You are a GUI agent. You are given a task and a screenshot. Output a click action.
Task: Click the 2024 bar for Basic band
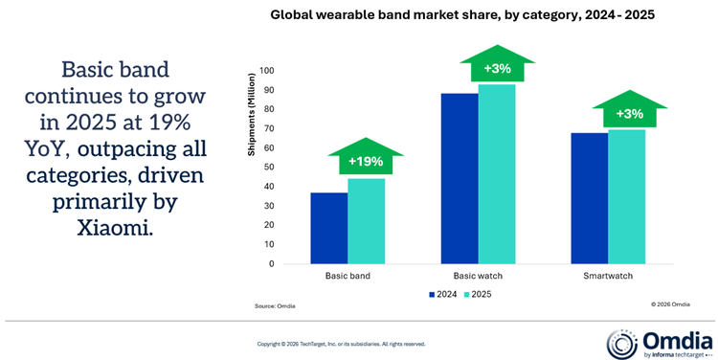pos(329,228)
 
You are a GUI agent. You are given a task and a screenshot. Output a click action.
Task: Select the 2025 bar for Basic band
pos(366,221)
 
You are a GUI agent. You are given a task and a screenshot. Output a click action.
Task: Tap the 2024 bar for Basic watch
pos(460,178)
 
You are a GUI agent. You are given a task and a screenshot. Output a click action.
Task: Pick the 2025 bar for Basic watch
pos(497,174)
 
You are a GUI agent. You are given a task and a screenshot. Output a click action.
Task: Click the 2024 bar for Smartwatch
pos(591,197)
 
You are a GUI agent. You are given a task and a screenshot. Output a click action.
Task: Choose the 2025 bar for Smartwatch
pos(627,196)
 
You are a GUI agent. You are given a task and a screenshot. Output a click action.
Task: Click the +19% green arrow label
pos(358,160)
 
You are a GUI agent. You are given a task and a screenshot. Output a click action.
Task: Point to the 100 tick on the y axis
pos(266,71)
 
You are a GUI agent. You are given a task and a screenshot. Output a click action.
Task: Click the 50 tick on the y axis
pos(268,168)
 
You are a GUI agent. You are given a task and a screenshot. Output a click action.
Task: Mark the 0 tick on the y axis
pos(271,264)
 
